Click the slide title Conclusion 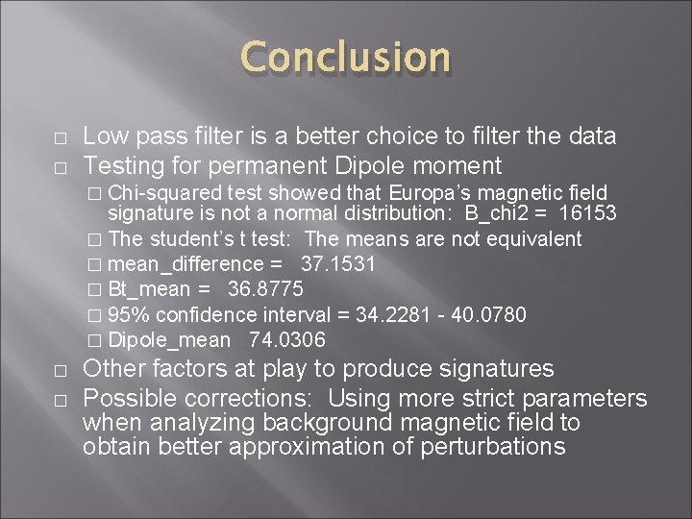[x=345, y=59]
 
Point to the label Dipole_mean [x=169, y=339]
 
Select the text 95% [x=129, y=314]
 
